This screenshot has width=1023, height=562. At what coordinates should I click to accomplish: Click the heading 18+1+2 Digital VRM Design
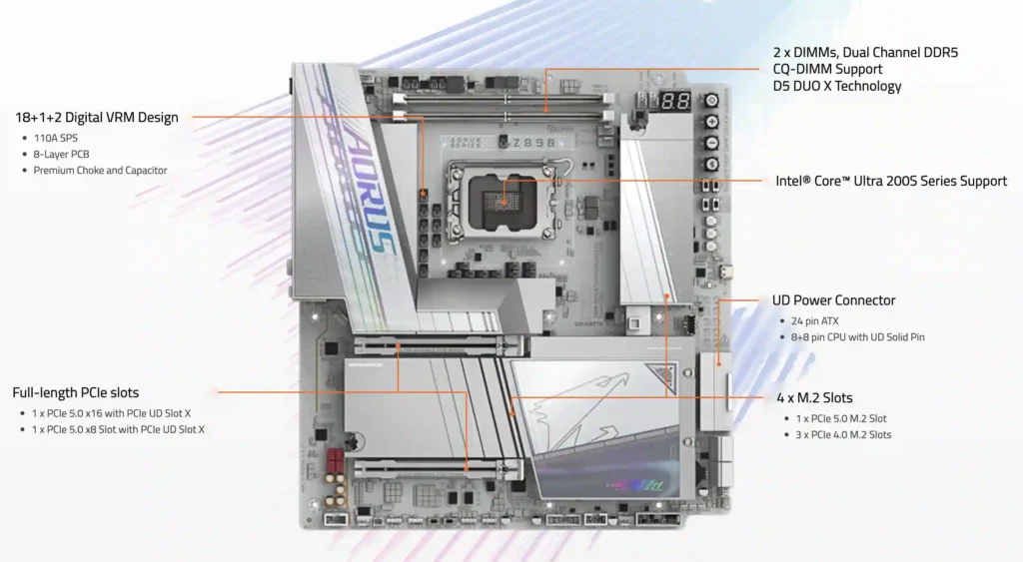(97, 118)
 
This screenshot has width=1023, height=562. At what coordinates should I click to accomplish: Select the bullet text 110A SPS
(57, 138)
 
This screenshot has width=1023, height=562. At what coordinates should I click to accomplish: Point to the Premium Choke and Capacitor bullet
(100, 171)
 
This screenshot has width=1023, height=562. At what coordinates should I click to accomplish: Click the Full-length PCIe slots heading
(76, 392)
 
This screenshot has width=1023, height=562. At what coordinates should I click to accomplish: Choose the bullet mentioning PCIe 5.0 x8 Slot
(119, 429)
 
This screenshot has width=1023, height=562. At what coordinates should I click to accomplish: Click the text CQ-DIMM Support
(827, 69)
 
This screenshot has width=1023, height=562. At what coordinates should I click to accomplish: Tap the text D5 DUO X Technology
(837, 86)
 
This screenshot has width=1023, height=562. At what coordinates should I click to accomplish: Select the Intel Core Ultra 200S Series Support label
(891, 182)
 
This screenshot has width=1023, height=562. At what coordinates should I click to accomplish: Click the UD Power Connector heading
(834, 300)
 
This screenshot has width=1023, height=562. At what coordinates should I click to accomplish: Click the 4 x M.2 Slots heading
(814, 398)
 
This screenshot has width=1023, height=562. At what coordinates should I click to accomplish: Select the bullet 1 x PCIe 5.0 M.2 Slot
(841, 418)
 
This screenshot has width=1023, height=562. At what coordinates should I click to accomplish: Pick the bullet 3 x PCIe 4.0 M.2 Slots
(844, 434)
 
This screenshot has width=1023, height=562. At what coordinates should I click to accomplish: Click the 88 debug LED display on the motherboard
(676, 102)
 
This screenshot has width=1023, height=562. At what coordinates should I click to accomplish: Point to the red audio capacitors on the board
(330, 464)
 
